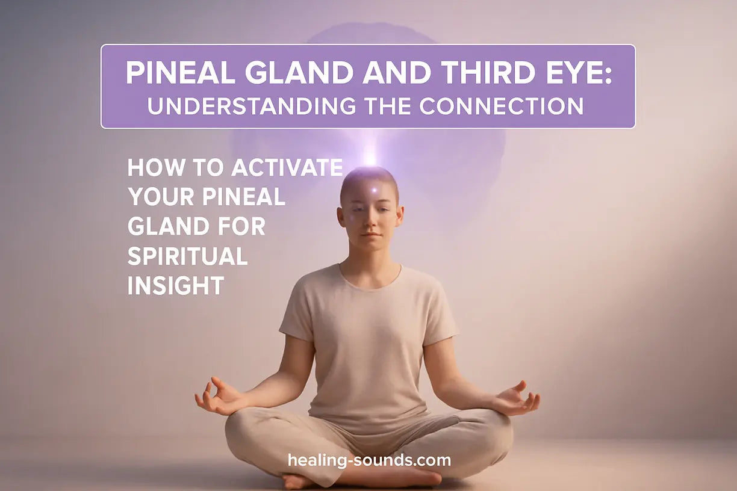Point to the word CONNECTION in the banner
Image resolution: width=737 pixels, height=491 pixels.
tap(501, 106)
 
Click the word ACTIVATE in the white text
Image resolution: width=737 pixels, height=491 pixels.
tap(288, 168)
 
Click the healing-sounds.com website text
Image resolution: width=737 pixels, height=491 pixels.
tap(369, 460)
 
